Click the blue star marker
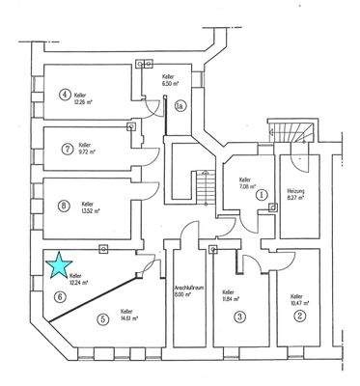pyautogui.click(x=60, y=262)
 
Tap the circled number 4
pyautogui.click(x=65, y=95)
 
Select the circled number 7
pyautogui.click(x=65, y=150)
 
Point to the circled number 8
pyautogui.click(x=65, y=205)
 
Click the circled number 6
pyautogui.click(x=60, y=297)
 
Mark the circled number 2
pyautogui.click(x=300, y=316)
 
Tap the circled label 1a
pyautogui.click(x=180, y=105)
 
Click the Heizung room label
pyautogui.click(x=296, y=191)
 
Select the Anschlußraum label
pyautogui.click(x=185, y=287)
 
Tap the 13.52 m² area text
pyautogui.click(x=90, y=209)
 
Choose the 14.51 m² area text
pyautogui.click(x=129, y=317)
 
